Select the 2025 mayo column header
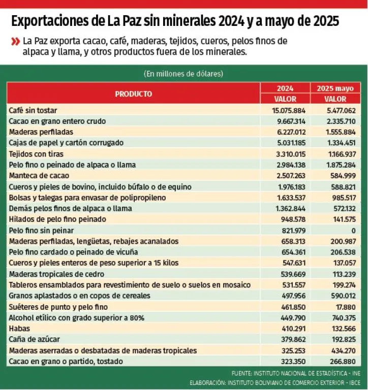335,88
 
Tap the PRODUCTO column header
133,94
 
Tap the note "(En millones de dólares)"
183,74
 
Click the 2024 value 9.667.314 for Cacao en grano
288,121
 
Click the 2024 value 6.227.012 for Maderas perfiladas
288,132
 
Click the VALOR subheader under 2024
285,99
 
